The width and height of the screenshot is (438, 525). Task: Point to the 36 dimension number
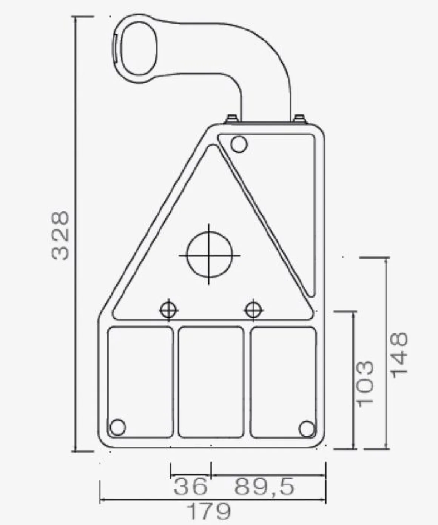(191, 486)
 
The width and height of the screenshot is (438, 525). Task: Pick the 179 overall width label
(209, 511)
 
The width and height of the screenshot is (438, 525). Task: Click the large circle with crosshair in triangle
(210, 255)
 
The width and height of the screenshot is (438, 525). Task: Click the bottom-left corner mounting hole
(118, 427)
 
